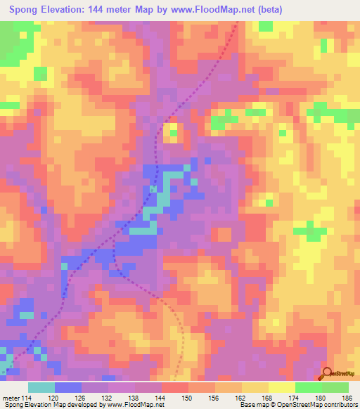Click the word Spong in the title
click(24, 10)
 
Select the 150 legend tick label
click(188, 397)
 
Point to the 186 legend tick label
click(347, 397)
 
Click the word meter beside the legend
click(11, 397)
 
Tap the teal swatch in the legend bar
click(41, 387)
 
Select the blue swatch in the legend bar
click(68, 387)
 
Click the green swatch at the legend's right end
click(335, 387)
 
